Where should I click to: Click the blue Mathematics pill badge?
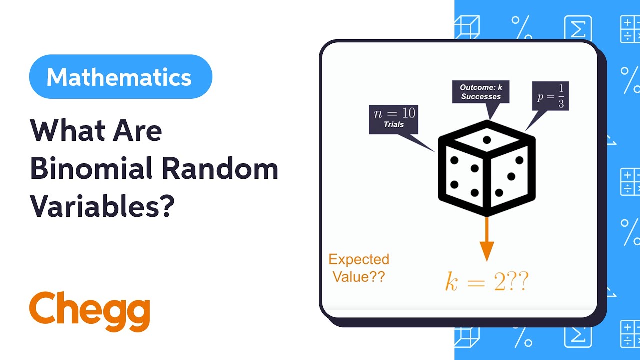[120, 77]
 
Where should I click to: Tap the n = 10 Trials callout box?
[393, 119]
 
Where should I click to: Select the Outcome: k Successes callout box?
[481, 92]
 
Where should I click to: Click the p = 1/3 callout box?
[550, 96]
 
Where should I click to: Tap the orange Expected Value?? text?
[358, 268]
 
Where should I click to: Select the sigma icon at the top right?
[578, 29]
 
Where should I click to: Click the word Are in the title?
[140, 131]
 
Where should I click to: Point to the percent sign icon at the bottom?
[522, 337]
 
